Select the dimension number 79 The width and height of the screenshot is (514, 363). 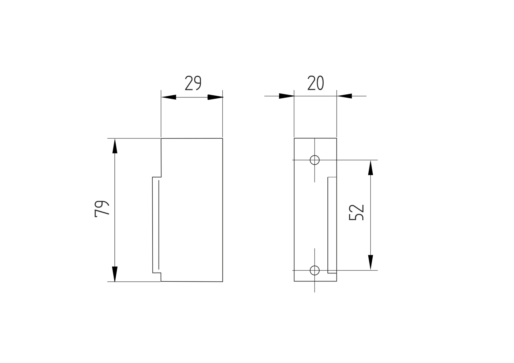tap(102, 209)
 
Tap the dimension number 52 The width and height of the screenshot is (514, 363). tap(356, 212)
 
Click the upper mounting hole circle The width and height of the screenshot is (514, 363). tap(315, 160)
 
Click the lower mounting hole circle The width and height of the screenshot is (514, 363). tap(315, 270)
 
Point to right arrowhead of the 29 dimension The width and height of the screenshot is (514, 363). tap(215, 97)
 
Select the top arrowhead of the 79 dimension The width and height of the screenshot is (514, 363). tap(115, 146)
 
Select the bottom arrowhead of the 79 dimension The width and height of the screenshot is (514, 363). tap(115, 274)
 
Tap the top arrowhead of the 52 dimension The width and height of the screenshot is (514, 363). tap(371, 168)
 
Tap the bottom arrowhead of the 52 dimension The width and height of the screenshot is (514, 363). tap(371, 262)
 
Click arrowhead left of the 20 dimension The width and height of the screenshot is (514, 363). tap(287, 96)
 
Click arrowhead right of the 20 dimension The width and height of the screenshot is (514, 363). tap(344, 96)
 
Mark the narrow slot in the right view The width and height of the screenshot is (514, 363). tap(332, 225)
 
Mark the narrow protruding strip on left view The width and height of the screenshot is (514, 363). tap(156, 225)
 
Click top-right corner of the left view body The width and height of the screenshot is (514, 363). tap(222, 138)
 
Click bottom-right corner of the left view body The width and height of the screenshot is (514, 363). tap(222, 281)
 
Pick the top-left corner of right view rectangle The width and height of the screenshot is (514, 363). tap(294, 138)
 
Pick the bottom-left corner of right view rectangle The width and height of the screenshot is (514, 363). tap(294, 281)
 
